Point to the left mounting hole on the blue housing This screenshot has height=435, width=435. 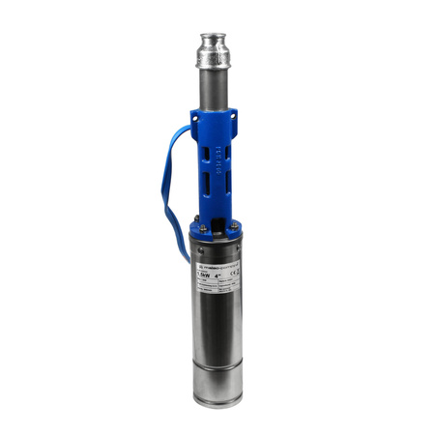[x=196, y=122]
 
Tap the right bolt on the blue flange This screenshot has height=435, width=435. [x=234, y=225]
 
